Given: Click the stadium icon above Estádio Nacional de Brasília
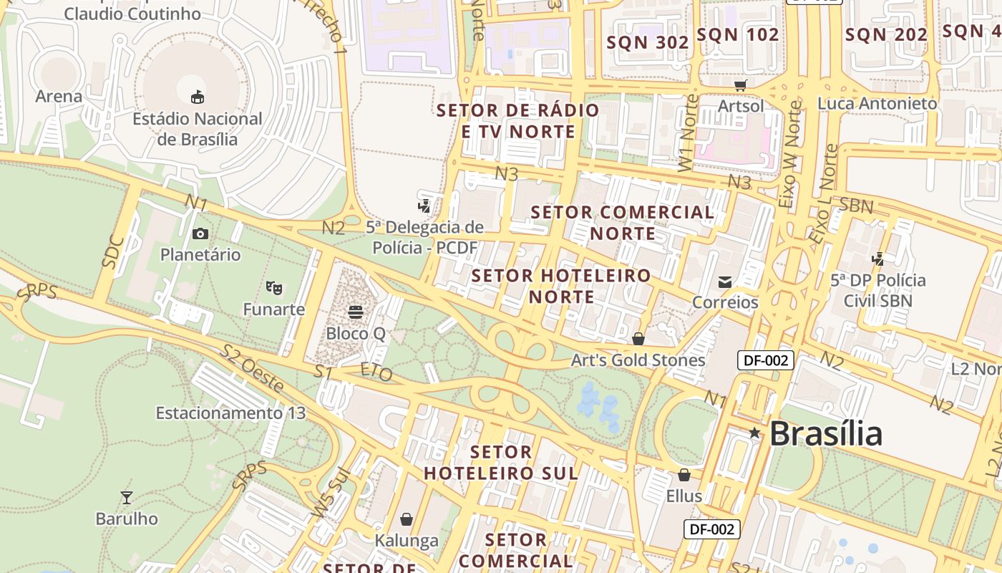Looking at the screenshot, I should coord(198,97).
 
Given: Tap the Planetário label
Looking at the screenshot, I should coord(200,255).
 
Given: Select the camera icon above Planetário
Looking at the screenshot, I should coord(200,233).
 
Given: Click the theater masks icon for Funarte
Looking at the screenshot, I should coord(273,288).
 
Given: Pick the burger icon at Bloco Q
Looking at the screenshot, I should coord(356,312).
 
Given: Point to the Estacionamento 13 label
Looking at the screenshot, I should coord(230,413).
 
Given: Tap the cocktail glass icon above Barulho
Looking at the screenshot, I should coord(127,497).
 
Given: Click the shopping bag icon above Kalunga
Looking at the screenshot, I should coord(407,519).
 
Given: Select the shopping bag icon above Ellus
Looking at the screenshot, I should coord(684,474).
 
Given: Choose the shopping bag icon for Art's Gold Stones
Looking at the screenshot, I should coord(638,339).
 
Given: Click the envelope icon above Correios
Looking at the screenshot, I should coord(725,281).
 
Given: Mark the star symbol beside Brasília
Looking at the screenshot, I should coord(754,433).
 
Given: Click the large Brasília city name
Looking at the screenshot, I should coord(826,433).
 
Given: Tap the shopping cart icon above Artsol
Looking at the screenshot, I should coord(741,85).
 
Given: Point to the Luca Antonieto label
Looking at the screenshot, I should coord(877,104).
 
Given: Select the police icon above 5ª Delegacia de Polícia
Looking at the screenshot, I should coord(424,206).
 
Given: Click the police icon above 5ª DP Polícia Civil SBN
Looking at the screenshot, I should coord(877,259).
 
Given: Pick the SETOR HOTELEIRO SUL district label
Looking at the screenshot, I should coord(501,463).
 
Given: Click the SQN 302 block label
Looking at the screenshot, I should coord(648,42).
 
